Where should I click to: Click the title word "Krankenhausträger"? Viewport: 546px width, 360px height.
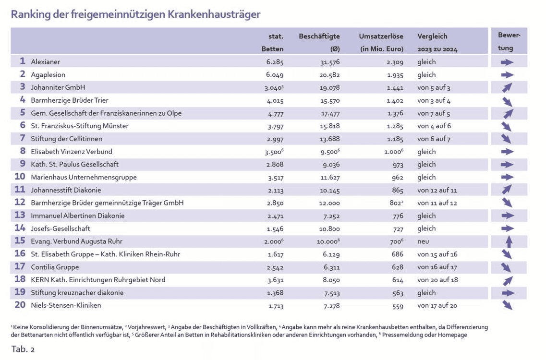[214, 14]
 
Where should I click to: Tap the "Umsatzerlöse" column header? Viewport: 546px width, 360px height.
[381, 36]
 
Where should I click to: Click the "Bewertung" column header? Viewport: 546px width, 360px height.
[509, 42]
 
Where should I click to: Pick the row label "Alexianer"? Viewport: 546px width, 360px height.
[46, 62]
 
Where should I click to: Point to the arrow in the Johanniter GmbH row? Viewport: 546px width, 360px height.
[507, 88]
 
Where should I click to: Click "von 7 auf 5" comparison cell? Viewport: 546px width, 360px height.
[434, 113]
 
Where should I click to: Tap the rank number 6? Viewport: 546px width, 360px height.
[23, 126]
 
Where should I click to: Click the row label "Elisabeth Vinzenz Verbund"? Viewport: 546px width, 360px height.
[72, 152]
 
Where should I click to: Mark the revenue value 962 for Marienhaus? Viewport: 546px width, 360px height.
[397, 177]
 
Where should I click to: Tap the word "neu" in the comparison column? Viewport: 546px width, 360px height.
[423, 241]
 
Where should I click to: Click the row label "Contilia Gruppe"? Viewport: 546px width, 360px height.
[55, 267]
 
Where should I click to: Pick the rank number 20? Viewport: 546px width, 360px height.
[20, 305]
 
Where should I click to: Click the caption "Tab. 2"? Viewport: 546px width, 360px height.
[23, 349]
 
